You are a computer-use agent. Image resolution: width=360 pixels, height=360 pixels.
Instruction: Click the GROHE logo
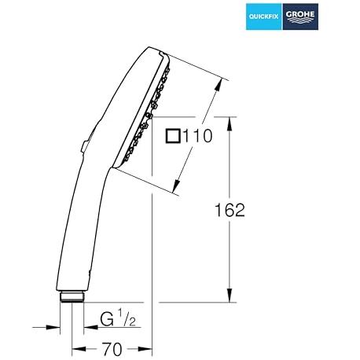pyautogui.click(x=300, y=17)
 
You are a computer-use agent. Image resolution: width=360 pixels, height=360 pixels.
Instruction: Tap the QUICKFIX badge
pyautogui.click(x=264, y=17)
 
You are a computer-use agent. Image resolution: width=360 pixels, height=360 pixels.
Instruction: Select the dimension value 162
pyautogui.click(x=230, y=210)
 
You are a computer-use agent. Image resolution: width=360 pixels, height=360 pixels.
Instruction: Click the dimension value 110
pyautogui.click(x=197, y=136)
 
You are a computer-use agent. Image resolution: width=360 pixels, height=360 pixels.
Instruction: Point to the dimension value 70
pyautogui.click(x=112, y=349)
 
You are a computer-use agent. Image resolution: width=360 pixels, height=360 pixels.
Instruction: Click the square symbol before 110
pyautogui.click(x=173, y=136)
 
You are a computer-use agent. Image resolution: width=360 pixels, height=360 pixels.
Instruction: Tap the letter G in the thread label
pyautogui.click(x=107, y=319)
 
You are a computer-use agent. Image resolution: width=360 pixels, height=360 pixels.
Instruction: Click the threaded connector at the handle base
pyautogui.click(x=72, y=296)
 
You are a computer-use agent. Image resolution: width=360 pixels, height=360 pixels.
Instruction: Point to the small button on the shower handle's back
pyautogui.click(x=85, y=147)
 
